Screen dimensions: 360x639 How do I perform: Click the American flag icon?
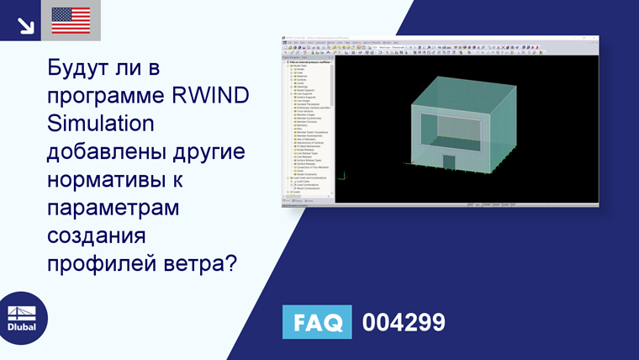71,20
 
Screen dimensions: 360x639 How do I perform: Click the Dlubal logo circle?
23,317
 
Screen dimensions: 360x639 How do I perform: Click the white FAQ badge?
317,322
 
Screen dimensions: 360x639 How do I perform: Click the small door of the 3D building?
449,162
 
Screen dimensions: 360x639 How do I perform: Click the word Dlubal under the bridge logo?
23,327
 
